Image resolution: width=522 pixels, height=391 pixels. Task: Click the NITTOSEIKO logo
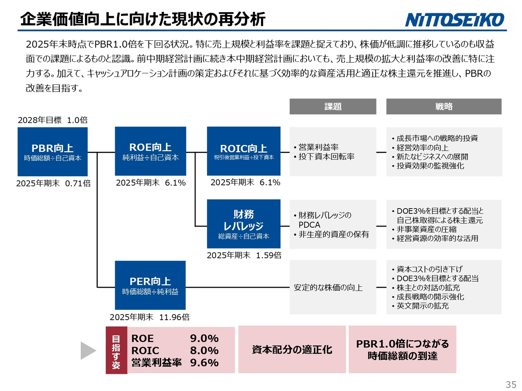coord(454,20)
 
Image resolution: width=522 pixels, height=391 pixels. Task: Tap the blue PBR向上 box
coord(53,152)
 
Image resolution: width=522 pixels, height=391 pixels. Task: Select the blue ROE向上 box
coord(150,151)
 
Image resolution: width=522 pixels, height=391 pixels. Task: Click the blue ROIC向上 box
coord(243,151)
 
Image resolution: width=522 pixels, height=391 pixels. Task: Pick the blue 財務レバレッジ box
coord(243,224)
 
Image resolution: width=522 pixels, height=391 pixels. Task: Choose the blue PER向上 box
coord(150,285)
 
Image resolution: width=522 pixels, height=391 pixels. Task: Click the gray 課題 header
coord(333,106)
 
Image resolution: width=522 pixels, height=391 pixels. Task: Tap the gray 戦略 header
coord(444,106)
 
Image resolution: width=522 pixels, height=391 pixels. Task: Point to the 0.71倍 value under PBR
coord(78,183)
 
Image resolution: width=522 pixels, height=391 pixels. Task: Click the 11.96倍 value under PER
coord(174,317)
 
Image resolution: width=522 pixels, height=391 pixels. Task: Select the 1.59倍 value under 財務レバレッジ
coord(269,255)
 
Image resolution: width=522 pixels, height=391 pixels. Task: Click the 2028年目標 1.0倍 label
coord(53,120)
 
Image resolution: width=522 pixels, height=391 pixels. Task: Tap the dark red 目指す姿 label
coord(116,350)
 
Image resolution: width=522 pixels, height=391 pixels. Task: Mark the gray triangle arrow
coord(88,351)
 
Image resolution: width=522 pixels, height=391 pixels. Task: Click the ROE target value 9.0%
coord(204,338)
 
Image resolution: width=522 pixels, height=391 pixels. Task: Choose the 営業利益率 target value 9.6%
coord(204,363)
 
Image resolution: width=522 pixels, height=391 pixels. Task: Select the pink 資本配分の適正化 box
coord(292,349)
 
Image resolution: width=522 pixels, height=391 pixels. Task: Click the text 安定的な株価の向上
coord(328,288)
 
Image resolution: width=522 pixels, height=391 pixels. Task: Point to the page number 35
coord(511,384)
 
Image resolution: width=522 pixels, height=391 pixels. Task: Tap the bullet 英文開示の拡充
coord(420,306)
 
